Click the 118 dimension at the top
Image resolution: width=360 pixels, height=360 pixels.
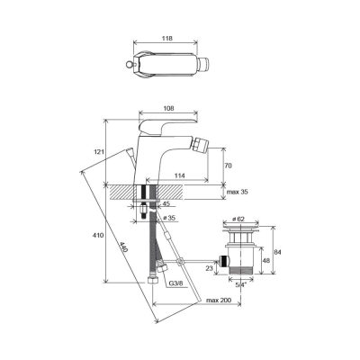tap(167, 39)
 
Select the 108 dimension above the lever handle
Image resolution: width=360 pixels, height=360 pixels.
tap(168, 109)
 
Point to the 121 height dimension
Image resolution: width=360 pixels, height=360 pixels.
tap(100, 152)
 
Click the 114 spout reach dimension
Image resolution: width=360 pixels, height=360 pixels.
tap(180, 175)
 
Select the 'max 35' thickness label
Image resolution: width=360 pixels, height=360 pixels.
tap(238, 192)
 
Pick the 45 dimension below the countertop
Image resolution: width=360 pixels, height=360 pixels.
tap(166, 203)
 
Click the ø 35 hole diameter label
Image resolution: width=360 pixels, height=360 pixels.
tap(167, 218)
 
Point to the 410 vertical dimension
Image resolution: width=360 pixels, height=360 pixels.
tap(99, 236)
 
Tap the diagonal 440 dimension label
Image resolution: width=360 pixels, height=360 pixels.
tap(125, 247)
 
